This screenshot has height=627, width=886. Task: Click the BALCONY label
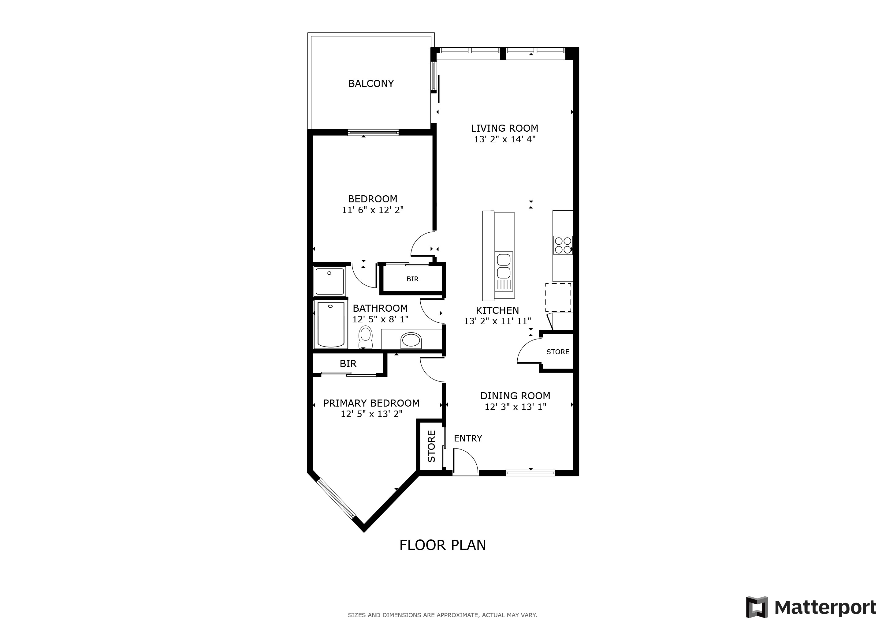371,83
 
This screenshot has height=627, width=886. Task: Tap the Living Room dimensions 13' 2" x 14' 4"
504,139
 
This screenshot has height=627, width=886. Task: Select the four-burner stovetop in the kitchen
563,245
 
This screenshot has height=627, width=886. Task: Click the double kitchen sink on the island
504,266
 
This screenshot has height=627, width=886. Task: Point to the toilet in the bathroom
365,337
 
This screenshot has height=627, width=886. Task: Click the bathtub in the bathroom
331,325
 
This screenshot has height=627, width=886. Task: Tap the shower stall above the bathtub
329,281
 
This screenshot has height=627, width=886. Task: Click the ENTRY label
468,438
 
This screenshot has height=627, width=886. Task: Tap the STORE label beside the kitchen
558,352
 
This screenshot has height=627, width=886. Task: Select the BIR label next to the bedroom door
412,279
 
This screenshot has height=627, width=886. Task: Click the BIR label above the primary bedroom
348,364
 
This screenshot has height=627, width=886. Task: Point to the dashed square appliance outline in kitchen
558,297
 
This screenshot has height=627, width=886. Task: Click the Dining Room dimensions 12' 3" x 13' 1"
515,407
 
